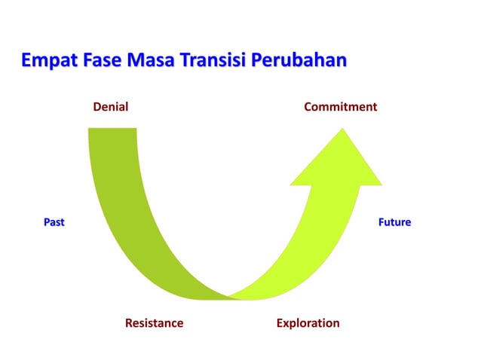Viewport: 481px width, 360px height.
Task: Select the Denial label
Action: [x=110, y=107]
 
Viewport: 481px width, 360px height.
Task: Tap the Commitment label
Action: [x=340, y=107]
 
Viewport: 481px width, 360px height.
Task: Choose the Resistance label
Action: [x=154, y=323]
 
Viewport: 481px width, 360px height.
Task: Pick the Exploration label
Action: [x=308, y=323]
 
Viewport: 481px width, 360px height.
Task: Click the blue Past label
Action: [x=54, y=222]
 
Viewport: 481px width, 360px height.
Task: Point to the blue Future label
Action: [x=394, y=222]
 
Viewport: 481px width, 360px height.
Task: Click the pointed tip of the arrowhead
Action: [x=343, y=130]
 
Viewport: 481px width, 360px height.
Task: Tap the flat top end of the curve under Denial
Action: [x=112, y=130]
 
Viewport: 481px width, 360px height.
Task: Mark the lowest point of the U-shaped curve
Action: [x=228, y=297]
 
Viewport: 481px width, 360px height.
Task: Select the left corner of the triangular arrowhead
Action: [x=292, y=184]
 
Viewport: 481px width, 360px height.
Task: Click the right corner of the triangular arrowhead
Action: [x=381, y=184]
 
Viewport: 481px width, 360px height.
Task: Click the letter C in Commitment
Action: [x=308, y=107]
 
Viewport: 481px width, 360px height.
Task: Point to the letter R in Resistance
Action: [x=129, y=323]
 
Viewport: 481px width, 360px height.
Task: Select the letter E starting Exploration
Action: [x=280, y=323]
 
